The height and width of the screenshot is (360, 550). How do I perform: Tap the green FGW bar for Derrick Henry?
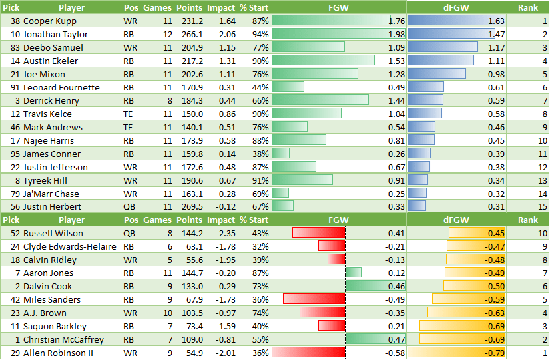point(320,100)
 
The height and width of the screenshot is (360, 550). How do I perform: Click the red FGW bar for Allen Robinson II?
point(308,353)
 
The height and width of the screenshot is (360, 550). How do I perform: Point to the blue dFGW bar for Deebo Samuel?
point(442,47)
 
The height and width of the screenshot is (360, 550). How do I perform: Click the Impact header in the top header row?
point(221,7)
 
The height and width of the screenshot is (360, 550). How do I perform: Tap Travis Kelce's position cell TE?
point(129,114)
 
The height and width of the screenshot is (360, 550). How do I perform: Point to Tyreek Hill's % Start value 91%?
point(260,180)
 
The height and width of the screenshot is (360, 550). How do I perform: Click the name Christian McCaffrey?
point(63,339)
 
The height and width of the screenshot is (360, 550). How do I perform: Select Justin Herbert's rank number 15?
point(541,207)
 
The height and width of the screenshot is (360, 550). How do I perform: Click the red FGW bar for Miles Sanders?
point(314,299)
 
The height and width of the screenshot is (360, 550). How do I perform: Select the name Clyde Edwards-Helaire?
point(69,246)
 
